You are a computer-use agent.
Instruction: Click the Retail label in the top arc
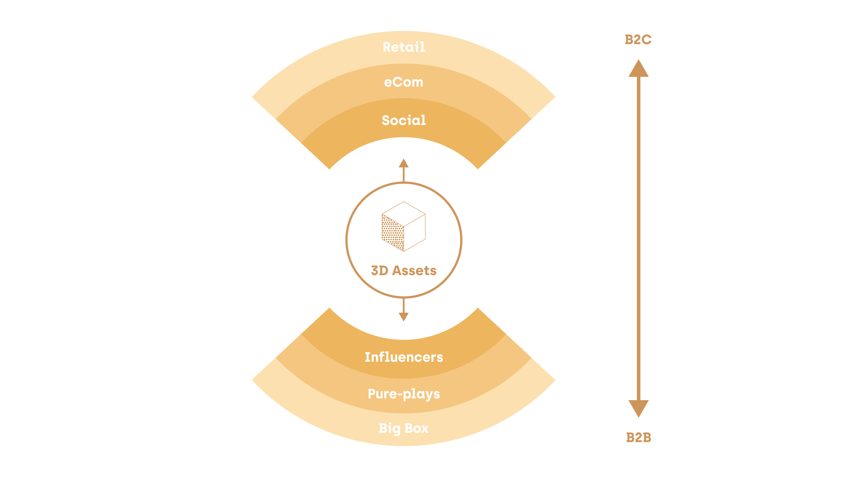pos(404,47)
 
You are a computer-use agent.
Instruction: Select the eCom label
pos(404,82)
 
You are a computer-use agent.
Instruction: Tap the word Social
pos(404,120)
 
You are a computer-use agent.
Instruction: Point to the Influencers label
pos(404,357)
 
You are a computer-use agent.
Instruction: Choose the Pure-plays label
pos(404,394)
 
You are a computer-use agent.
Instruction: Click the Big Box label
pos(404,428)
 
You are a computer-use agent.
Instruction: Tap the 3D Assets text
pos(404,270)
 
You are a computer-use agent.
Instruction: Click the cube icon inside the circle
pos(404,227)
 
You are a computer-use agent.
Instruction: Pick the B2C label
pos(638,40)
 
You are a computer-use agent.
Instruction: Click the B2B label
pos(639,438)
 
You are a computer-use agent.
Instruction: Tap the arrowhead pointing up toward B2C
pos(639,68)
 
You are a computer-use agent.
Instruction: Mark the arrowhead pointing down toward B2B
pos(639,409)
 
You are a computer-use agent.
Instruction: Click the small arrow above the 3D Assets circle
pos(404,170)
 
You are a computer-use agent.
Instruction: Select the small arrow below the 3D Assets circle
pos(404,309)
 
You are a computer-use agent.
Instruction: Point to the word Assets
pos(414,270)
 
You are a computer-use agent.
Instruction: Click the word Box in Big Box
pos(416,428)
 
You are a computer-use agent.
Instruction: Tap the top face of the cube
pos(404,214)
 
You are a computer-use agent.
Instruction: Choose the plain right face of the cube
pos(415,233)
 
